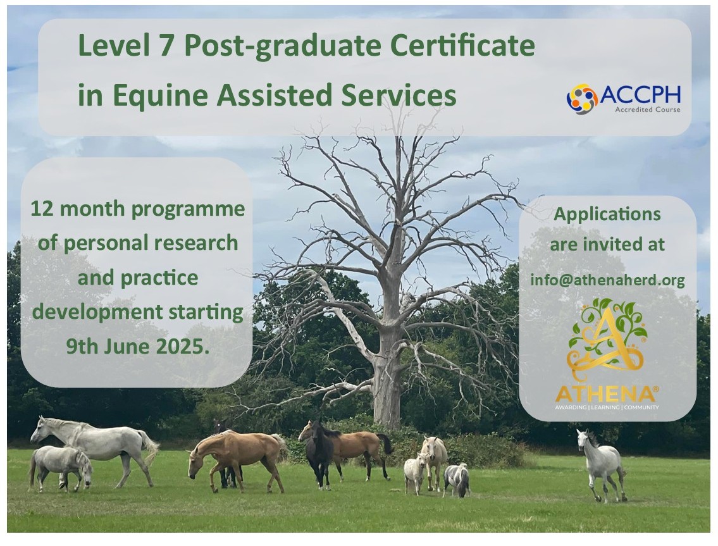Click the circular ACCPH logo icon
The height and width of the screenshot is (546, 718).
582,99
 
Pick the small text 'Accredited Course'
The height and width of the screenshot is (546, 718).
648,109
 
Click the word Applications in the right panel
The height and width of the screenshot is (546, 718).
607,214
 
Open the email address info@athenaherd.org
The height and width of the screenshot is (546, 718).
608,280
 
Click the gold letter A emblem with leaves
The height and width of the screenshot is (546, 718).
607,339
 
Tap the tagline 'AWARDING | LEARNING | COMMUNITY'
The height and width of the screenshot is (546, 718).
607,407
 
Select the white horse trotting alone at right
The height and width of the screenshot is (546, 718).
601,464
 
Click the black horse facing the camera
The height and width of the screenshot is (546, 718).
319,454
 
